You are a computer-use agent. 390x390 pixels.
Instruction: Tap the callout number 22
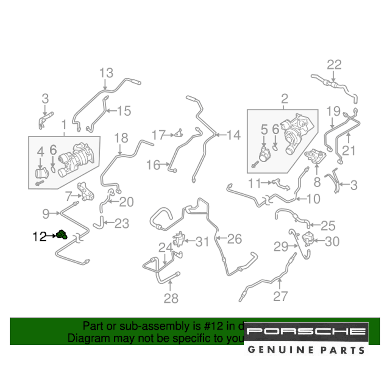334,65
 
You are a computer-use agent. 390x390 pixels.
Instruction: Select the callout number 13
106,73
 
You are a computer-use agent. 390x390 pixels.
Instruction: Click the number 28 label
171,298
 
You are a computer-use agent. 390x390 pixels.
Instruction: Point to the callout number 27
280,296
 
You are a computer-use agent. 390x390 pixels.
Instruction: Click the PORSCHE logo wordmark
307,331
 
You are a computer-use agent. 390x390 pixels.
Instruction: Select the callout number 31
202,242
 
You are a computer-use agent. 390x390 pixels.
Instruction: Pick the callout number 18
121,138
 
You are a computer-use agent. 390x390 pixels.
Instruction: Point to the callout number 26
235,239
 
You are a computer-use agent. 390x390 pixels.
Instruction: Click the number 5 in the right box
264,129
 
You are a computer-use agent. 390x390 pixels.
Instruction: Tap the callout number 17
159,135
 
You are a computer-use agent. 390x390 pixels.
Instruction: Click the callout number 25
328,225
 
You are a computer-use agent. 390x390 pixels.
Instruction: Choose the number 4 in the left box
41,152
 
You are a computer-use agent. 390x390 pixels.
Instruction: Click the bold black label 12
40,236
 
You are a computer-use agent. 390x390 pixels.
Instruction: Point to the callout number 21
349,150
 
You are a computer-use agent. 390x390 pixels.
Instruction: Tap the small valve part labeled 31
179,239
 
